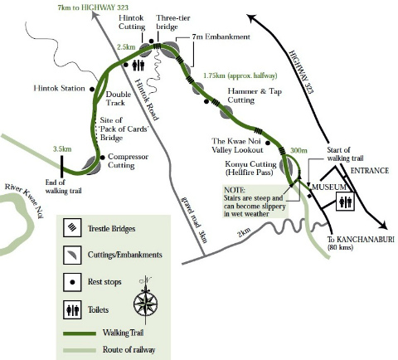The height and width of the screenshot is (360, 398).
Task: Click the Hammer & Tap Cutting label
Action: point(252,95)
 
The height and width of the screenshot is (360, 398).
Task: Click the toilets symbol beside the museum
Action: point(345,201)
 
